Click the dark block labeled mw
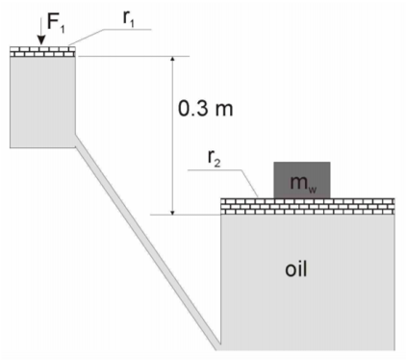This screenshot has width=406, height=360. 301,179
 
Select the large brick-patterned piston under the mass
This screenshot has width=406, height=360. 309,204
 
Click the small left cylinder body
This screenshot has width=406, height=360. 43,101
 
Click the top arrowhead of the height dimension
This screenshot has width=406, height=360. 171,59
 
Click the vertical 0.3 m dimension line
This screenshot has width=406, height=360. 171,135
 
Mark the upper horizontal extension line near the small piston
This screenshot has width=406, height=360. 135,56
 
